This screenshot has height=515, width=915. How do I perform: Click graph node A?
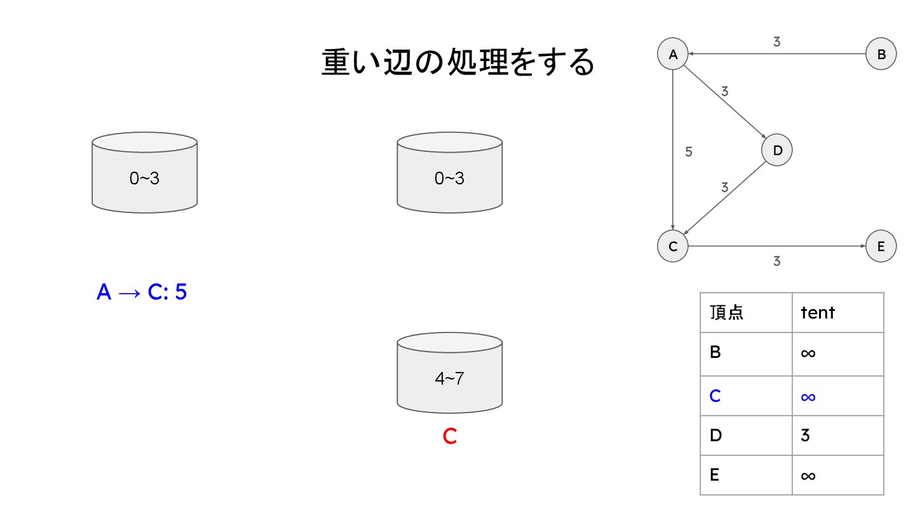[673, 55]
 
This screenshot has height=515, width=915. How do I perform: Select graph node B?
[881, 55]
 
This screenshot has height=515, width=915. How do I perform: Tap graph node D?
[776, 151]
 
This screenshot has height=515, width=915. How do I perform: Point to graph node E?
[881, 247]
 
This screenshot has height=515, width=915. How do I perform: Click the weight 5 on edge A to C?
[689, 152]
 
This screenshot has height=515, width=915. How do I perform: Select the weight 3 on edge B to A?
[776, 42]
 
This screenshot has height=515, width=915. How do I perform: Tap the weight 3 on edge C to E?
[776, 261]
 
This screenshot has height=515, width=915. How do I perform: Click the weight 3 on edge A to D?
[725, 91]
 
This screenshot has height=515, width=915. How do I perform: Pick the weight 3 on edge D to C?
[725, 188]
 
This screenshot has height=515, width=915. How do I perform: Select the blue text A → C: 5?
[142, 292]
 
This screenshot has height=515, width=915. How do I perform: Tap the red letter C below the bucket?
[450, 437]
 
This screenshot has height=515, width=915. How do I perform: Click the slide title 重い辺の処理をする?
[457, 63]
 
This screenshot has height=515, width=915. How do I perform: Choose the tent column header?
[818, 312]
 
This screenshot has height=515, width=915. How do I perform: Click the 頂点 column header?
[726, 312]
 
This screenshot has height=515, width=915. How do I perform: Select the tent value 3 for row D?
[805, 436]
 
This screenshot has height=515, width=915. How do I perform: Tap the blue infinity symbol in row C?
[808, 396]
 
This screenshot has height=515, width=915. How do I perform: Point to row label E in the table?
[715, 475]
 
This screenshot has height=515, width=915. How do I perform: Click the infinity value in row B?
[808, 352]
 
